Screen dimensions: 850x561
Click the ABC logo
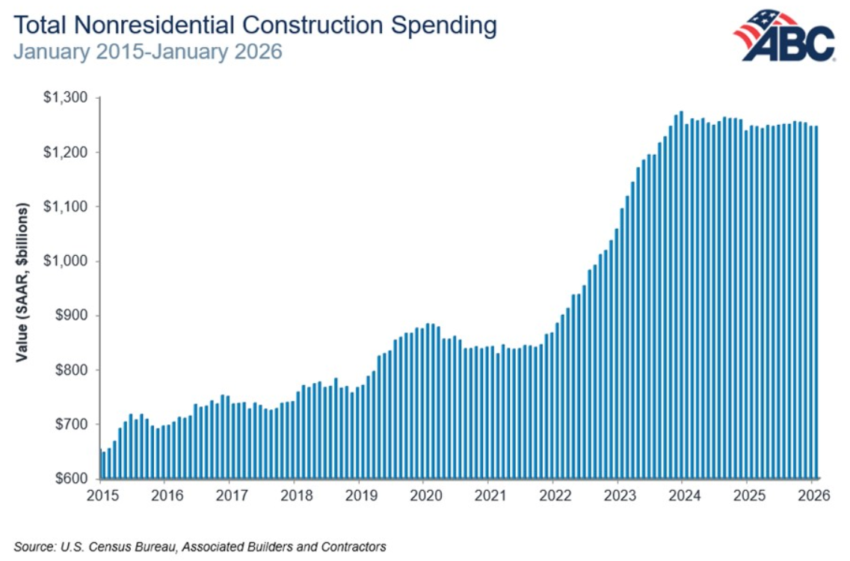784,35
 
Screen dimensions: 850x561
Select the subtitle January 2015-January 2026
147,52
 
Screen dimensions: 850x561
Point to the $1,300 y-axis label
65,98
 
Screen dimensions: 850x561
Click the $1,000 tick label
65,261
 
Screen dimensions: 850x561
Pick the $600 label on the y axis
71,479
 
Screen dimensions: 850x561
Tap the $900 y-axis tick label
71,315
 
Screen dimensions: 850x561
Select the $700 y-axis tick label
71,424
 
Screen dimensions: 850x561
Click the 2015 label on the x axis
102,495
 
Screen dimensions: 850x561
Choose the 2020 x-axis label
426,495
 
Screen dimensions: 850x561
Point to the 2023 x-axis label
620,495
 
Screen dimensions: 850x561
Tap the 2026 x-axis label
814,495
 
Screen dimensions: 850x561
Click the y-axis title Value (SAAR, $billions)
22,282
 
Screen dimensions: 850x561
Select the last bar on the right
816,303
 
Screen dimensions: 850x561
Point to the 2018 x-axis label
297,495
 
